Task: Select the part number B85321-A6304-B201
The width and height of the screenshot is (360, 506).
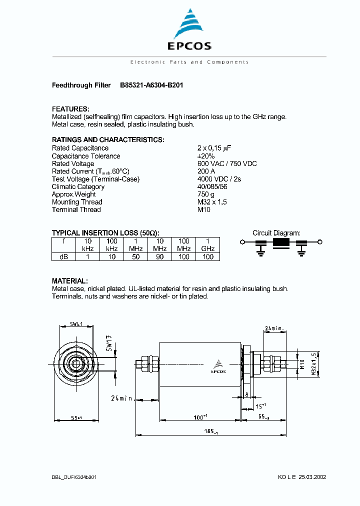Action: tap(151, 85)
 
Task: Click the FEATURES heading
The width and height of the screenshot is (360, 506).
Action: tap(70, 109)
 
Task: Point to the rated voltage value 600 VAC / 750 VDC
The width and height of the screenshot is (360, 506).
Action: tap(227, 163)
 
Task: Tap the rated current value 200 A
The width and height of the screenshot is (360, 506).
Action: tap(206, 171)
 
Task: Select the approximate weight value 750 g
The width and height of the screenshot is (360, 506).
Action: tap(206, 194)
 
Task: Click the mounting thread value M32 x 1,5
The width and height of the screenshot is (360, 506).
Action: tap(213, 202)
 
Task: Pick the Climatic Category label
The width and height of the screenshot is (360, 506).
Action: tap(78, 186)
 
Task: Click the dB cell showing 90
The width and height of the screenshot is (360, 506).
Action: tap(159, 256)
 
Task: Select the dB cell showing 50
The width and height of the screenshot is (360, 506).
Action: tap(135, 256)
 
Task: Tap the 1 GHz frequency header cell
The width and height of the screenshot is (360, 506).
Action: tap(207, 244)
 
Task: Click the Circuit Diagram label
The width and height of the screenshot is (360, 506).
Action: tap(276, 233)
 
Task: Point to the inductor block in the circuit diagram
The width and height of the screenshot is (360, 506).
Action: tap(281, 243)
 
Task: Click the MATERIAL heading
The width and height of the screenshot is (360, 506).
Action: tap(70, 281)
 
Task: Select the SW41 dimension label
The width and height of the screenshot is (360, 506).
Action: tap(76, 324)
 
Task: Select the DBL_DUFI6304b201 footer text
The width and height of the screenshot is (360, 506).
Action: tap(74, 477)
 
